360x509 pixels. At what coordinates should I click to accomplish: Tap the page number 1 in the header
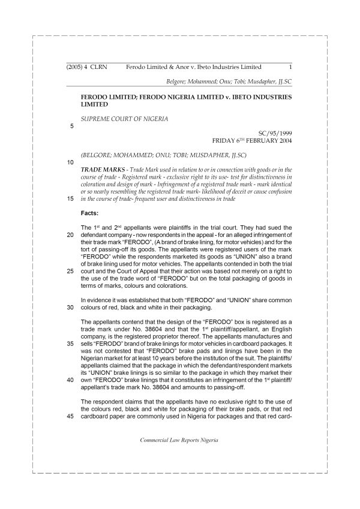290,68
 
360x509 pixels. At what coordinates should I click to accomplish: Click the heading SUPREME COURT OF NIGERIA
124,118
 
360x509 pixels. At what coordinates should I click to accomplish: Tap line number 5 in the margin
72,127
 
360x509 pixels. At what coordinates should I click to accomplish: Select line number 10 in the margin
71,162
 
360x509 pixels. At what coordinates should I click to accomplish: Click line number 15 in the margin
71,198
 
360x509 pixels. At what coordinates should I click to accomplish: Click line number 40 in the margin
71,380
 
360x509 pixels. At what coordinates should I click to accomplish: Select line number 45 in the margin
71,418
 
